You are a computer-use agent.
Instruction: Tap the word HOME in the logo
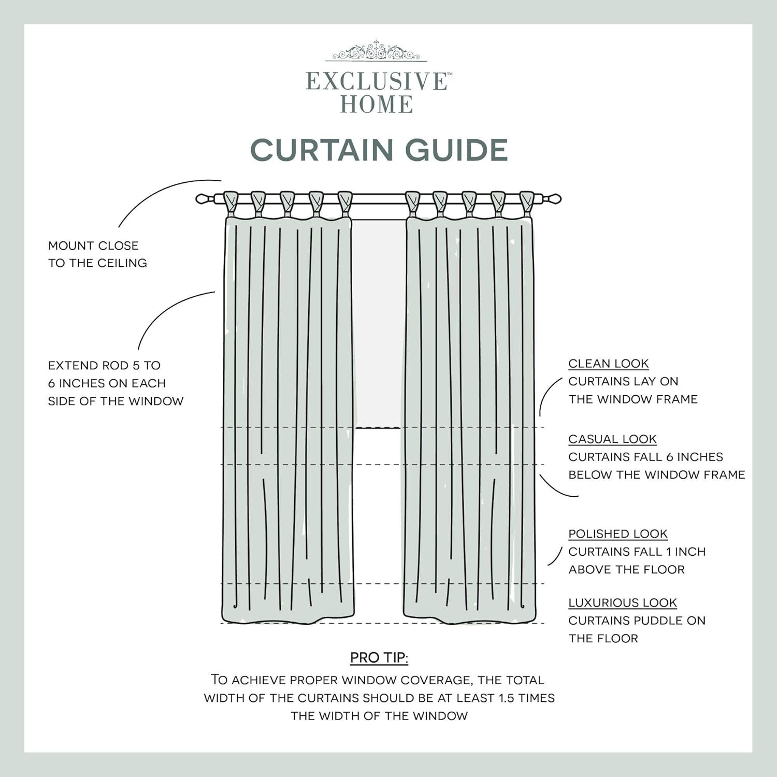click(377, 105)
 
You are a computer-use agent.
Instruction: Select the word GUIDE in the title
click(456, 150)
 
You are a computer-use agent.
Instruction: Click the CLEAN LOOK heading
click(609, 364)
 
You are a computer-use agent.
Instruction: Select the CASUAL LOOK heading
click(612, 439)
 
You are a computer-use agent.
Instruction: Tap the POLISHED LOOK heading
click(618, 534)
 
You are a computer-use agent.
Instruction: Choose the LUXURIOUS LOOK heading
click(623, 603)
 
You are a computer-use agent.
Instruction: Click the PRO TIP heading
click(379, 658)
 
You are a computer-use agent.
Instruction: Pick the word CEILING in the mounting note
click(122, 263)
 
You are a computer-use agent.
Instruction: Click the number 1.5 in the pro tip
click(507, 698)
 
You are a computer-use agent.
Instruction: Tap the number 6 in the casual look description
click(670, 457)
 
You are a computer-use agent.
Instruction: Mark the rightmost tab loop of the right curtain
click(527, 203)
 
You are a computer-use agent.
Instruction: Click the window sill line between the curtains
click(378, 428)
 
